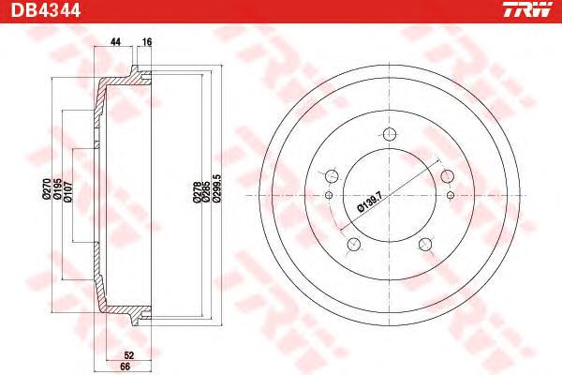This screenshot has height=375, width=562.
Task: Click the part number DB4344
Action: pos(46,10)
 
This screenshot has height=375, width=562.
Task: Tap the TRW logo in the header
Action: pos(528,9)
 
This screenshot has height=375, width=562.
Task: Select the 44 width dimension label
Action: pos(115,42)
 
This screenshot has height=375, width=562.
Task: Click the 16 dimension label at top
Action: pos(147,42)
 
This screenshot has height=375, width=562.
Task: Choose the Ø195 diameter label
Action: pos(57,189)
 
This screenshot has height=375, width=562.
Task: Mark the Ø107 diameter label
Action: pos(68,192)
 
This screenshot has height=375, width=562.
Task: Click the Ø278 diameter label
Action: pos(197,192)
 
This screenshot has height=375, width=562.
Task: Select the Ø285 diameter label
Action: pos(206,192)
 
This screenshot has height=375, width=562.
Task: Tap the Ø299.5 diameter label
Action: pos(217,188)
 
